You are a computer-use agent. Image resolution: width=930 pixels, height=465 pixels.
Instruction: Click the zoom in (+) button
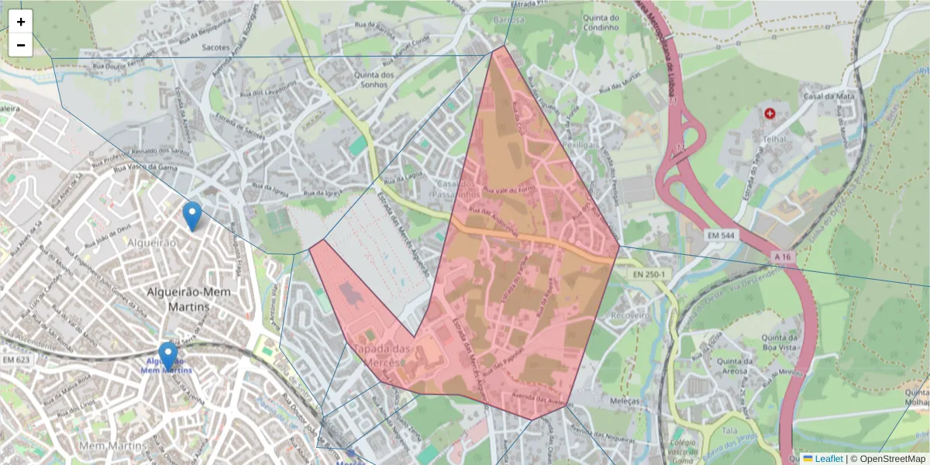pos(21,22)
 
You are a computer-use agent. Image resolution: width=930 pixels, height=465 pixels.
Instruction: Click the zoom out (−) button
pos(21,45)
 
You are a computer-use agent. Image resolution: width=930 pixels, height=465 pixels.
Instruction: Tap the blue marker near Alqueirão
pos(191,216)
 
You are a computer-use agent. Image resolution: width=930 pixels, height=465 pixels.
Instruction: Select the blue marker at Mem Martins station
pos(167,356)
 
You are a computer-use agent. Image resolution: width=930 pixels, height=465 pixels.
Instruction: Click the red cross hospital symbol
pos(770,113)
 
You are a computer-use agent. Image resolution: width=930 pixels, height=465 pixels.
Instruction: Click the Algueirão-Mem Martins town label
pos(178,299)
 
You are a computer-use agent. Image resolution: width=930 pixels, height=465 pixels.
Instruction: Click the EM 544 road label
pos(723,233)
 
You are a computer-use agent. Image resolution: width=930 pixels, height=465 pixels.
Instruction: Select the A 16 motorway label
pos(784,254)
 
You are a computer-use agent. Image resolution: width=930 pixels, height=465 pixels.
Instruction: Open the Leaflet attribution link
pos(828,459)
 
